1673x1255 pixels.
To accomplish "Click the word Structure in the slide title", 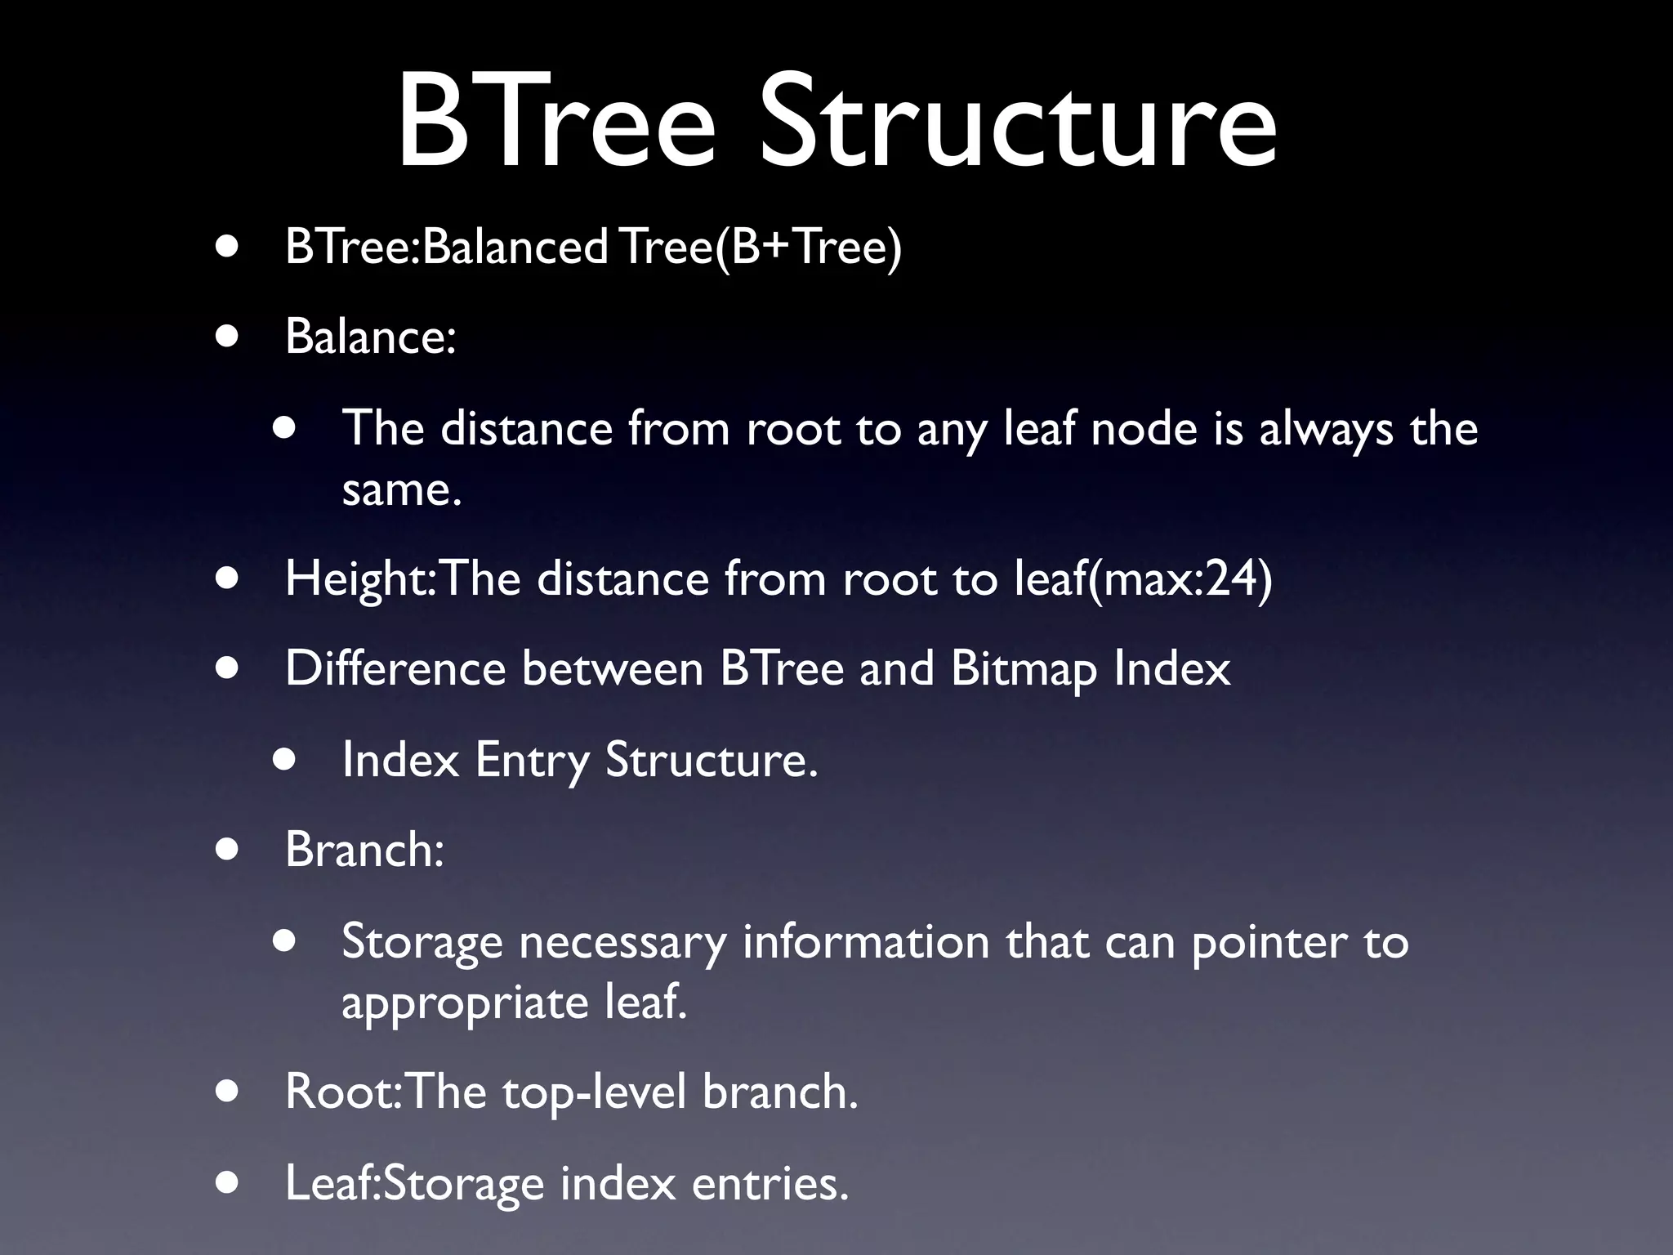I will click(x=1017, y=123).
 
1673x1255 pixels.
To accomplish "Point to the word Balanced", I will click(x=515, y=246).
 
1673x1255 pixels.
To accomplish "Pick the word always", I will click(x=1325, y=429).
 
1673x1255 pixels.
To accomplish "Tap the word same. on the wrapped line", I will click(x=402, y=490).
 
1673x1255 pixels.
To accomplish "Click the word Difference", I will click(x=395, y=668).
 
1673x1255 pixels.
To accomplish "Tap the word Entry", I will click(x=532, y=760).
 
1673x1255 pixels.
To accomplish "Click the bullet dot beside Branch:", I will click(x=228, y=850).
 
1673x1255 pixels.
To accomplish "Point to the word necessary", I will click(x=622, y=942).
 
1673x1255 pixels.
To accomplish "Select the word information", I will click(x=866, y=941).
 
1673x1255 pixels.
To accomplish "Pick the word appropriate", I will click(x=465, y=1003).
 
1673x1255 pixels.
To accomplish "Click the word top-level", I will click(x=594, y=1092).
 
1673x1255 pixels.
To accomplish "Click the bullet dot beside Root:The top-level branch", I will click(x=228, y=1092).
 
